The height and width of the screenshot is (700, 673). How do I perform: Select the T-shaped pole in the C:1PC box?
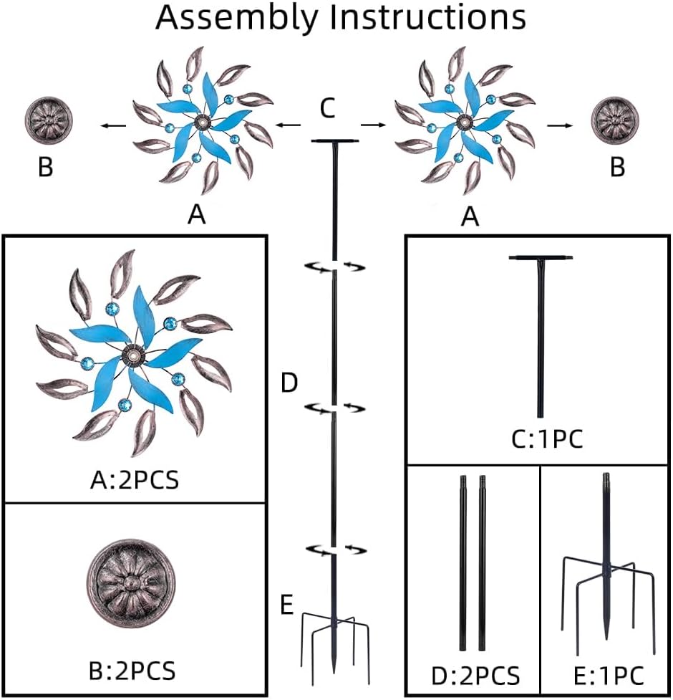[x=541, y=330]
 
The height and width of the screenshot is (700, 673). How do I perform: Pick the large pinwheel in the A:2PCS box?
[x=134, y=353]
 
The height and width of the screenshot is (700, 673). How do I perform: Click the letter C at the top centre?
[x=327, y=109]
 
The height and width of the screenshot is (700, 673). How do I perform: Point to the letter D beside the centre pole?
[x=289, y=383]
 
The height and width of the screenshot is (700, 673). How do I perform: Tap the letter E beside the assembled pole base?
[x=286, y=605]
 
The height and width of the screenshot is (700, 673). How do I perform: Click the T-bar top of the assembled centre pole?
[x=334, y=142]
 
